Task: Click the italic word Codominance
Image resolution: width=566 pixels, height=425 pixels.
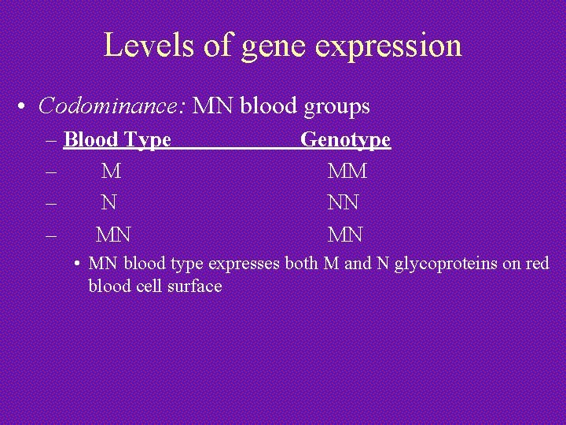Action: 109,105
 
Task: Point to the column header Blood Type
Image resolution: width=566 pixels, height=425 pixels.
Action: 117,140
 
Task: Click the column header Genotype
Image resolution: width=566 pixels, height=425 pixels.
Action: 346,140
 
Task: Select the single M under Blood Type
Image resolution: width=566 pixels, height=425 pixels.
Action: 111,171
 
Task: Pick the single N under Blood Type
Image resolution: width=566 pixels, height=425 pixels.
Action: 110,202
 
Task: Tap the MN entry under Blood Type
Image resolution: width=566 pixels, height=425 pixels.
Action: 113,234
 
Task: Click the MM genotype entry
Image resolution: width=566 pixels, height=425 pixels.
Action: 347,171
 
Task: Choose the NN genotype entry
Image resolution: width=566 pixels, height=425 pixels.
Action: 344,202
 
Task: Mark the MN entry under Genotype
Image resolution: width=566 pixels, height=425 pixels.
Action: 345,234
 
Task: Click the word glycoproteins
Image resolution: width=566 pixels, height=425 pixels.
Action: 446,264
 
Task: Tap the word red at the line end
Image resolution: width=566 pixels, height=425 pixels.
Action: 537,264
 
